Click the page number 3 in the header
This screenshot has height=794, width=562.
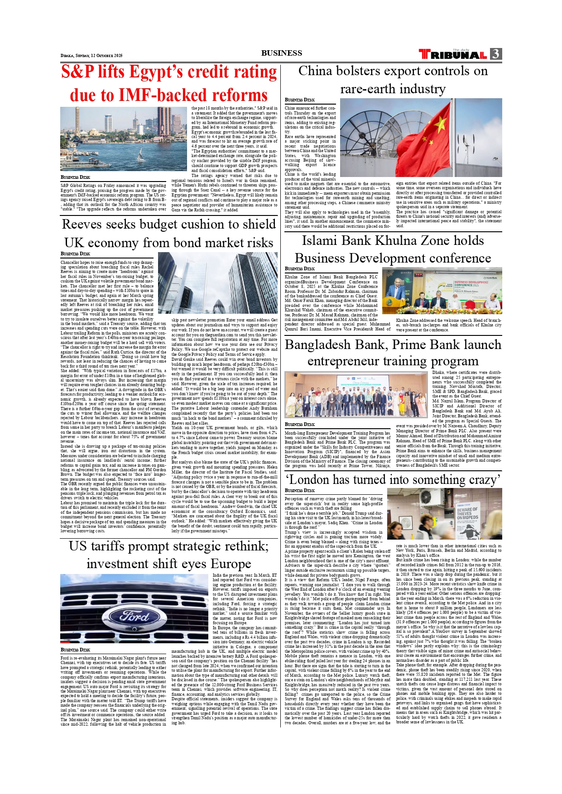496,54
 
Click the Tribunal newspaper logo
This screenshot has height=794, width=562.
453,54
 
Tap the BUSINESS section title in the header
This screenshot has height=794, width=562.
281,53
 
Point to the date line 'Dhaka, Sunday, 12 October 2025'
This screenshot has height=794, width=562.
91,56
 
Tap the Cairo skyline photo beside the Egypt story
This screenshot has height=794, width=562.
124,139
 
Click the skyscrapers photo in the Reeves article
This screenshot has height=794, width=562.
218,283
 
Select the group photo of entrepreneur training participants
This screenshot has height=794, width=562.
356,394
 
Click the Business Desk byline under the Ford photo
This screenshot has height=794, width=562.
75,650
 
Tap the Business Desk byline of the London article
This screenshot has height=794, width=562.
299,490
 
